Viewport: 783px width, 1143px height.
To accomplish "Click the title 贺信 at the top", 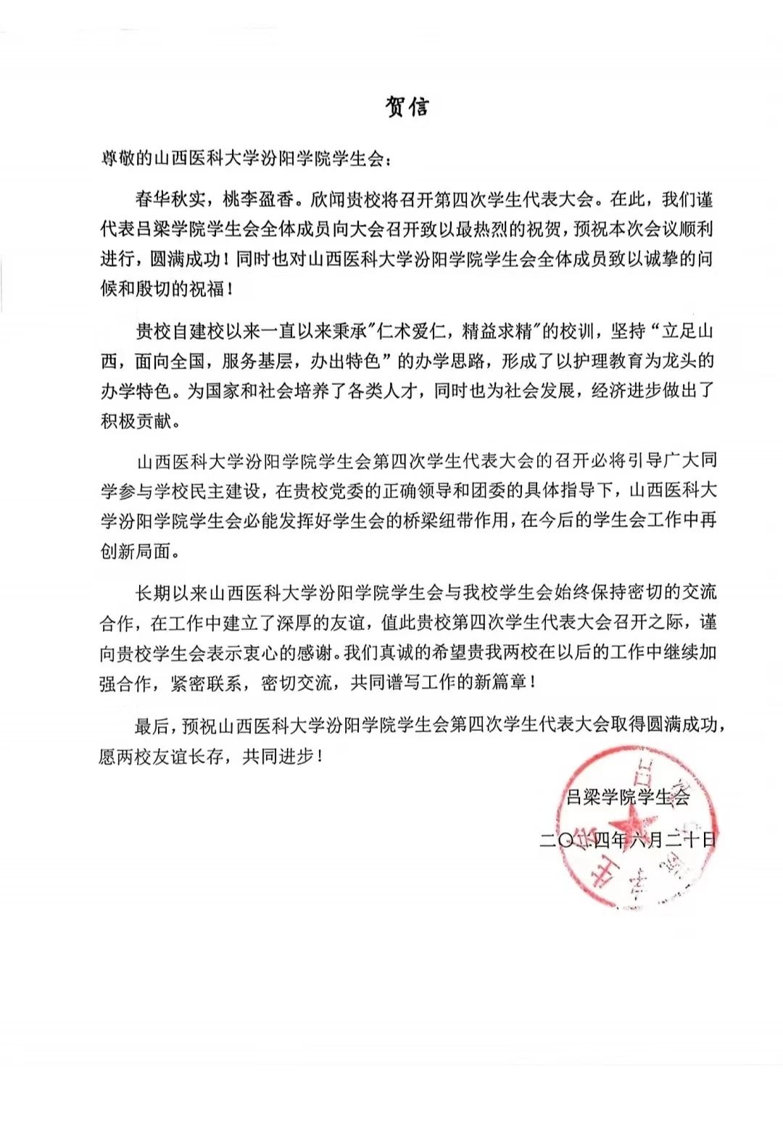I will (407, 107).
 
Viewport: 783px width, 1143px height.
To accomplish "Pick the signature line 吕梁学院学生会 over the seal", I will (628, 797).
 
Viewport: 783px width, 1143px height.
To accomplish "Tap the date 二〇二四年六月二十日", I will (628, 840).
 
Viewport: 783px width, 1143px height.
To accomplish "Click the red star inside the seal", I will (629, 826).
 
